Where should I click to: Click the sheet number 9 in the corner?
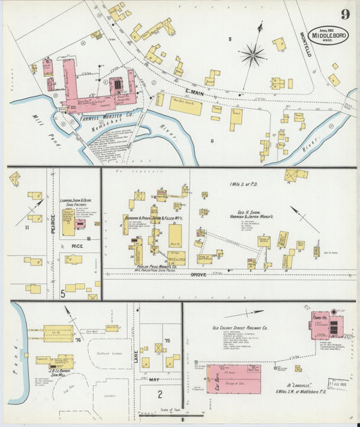click(x=344, y=14)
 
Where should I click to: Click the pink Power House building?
click(x=322, y=327)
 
